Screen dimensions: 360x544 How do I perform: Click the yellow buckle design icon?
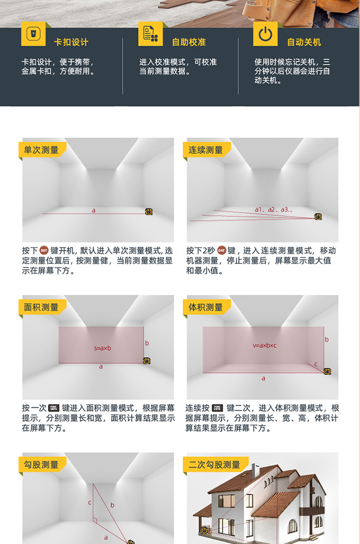[x=33, y=34]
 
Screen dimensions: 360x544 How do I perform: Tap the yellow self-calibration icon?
[x=150, y=34]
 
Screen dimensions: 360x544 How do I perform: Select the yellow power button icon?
[x=265, y=34]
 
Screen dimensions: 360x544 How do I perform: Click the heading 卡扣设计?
[x=71, y=42]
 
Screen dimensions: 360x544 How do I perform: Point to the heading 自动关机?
[x=304, y=42]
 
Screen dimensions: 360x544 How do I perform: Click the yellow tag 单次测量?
[x=41, y=150]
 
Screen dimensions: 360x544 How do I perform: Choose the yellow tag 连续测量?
[x=206, y=150]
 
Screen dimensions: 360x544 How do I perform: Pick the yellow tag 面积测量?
[x=41, y=307]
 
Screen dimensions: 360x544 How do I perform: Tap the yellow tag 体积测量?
[x=206, y=307]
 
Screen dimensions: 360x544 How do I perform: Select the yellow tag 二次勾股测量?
[x=215, y=464]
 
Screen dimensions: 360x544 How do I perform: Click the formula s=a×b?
[x=103, y=348]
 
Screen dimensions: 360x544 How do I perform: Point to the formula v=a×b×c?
[x=264, y=345]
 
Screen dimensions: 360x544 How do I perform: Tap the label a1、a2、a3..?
[x=274, y=210]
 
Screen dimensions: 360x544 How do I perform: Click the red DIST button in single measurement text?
[x=44, y=250]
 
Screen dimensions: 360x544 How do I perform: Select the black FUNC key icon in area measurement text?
[x=54, y=408]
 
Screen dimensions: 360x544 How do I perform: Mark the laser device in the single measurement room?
[x=149, y=211]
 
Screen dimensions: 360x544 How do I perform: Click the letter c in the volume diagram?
[x=316, y=364]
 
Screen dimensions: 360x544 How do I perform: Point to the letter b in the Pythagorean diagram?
[x=112, y=505]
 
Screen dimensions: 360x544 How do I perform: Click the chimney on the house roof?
[x=255, y=471]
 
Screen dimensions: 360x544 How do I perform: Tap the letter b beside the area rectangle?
[x=147, y=343]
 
